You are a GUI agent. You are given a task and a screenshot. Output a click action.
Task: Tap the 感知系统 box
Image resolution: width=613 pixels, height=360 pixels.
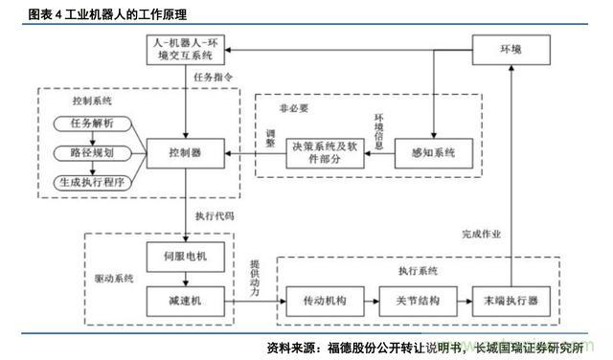pos(432,153)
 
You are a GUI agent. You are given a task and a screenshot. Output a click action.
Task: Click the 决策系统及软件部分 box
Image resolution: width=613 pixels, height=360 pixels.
pos(321,153)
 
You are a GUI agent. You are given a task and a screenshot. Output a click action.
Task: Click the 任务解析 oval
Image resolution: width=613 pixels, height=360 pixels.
pos(92,123)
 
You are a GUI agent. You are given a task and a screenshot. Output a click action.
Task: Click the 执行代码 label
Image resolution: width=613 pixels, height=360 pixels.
pos(215,215)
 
